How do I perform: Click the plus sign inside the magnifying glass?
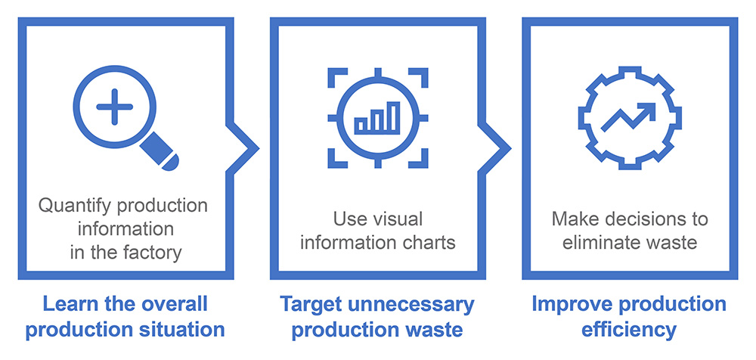(x=114, y=107)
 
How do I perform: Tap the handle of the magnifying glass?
(x=160, y=151)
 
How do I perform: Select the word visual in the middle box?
(x=398, y=219)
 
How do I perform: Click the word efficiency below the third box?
(x=629, y=331)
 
